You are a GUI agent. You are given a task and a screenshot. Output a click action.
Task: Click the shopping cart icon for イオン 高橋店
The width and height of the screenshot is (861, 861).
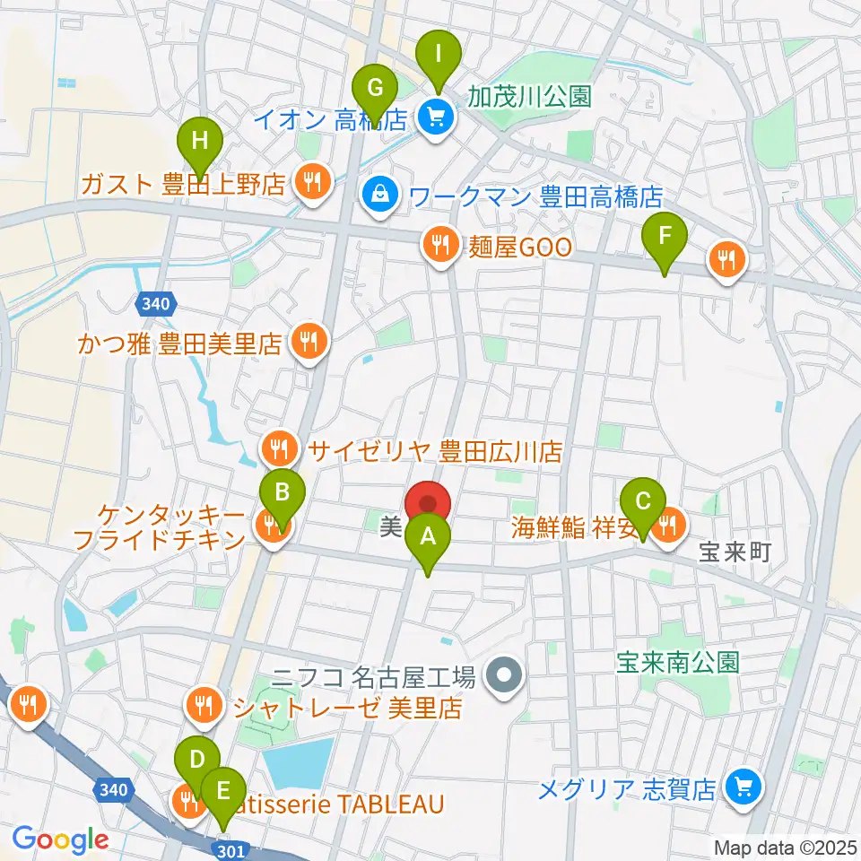point(437,117)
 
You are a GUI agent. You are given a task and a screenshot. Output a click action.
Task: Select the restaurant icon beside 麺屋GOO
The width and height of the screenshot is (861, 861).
point(440,245)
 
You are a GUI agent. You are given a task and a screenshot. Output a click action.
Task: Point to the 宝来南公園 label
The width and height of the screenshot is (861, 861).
point(677,663)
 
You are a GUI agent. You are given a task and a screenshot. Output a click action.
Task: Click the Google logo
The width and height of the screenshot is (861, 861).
point(59,839)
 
